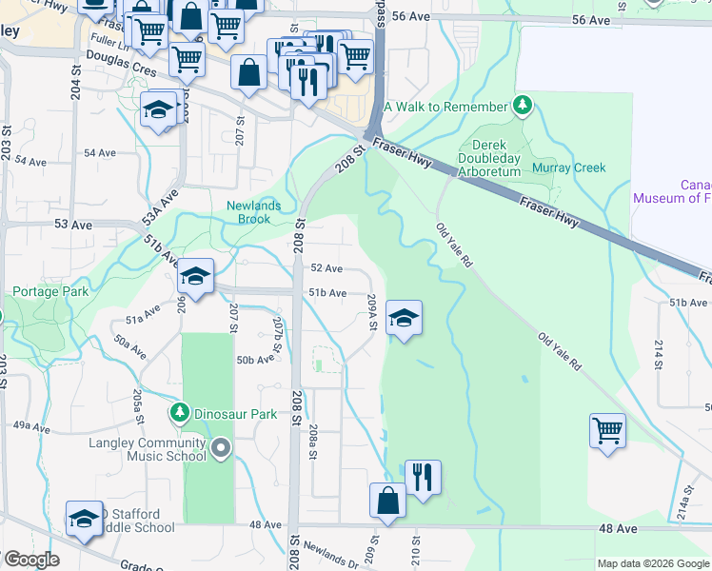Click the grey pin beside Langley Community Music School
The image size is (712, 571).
pos(222,447)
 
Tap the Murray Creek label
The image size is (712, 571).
pos(569,168)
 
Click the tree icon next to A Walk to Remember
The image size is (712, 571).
pos(522,106)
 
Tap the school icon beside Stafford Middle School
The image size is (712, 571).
pos(84,518)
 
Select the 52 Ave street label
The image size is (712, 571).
pos(326,269)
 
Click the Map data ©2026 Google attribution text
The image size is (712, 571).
pos(652,563)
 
